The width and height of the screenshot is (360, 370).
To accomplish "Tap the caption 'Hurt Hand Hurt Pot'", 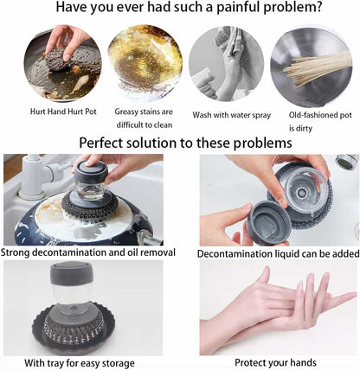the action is tap(63, 112).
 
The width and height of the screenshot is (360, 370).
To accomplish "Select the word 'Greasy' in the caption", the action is tap(125, 112).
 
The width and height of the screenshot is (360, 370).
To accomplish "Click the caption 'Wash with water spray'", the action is tap(232, 115).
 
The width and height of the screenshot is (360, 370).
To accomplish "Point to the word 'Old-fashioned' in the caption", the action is tap(312, 115).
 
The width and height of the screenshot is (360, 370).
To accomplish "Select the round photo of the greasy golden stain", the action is tap(145, 62).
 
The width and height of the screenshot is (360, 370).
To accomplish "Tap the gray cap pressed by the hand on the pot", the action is tap(91, 172).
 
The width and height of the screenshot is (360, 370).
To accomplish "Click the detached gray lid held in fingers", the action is tap(268, 223).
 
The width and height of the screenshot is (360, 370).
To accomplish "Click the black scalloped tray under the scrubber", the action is tap(74, 329).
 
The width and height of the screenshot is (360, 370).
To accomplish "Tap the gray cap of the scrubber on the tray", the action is tap(72, 273).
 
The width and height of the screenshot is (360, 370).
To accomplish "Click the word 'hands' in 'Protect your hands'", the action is tap(304, 362).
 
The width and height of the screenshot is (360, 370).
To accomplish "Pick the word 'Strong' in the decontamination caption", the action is tap(16, 252).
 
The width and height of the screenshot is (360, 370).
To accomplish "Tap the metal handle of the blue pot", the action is tap(150, 238).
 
